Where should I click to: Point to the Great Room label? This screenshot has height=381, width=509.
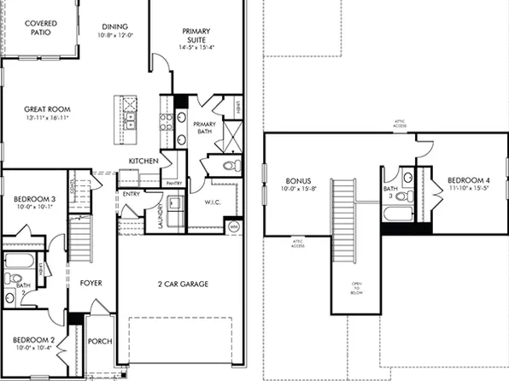coord(47,109)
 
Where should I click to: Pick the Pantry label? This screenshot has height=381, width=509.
coord(173,183)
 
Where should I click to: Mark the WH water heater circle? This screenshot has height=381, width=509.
coord(233,226)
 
